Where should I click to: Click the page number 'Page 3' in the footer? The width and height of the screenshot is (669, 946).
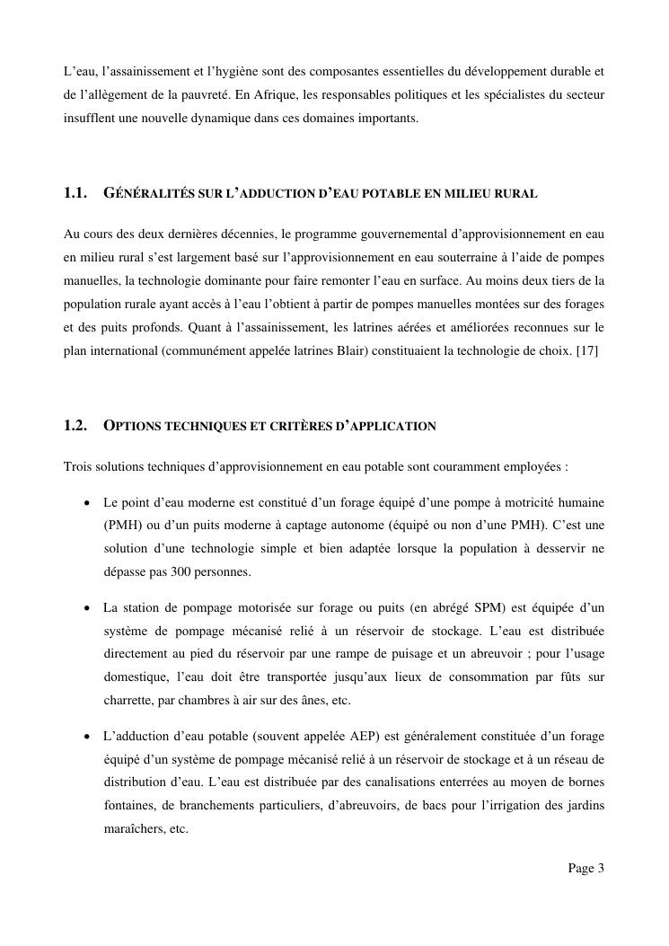[x=585, y=869]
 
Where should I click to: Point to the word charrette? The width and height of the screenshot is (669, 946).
[x=128, y=701]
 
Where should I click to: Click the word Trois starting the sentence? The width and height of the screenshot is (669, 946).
[x=79, y=467]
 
